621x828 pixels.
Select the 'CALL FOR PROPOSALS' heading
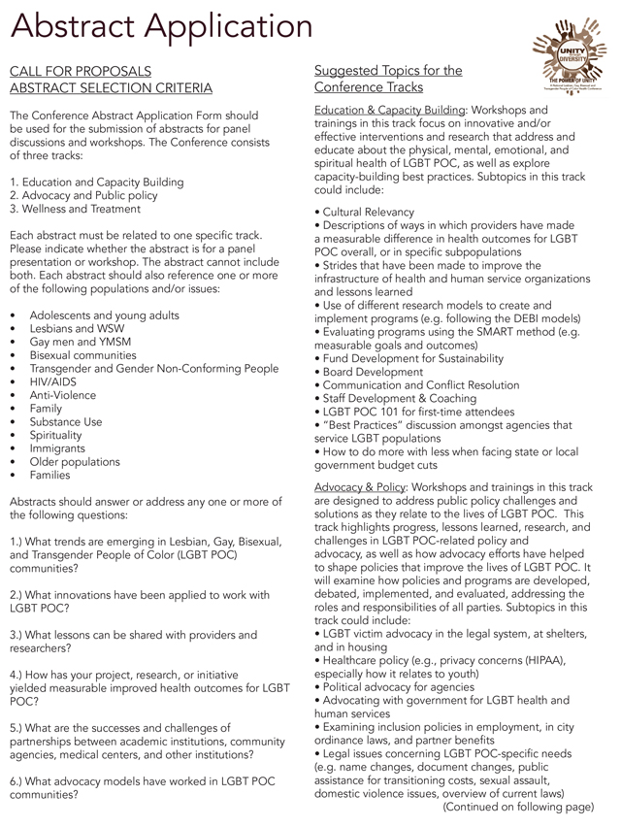pos(80,71)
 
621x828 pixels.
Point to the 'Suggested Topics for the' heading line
pos(388,71)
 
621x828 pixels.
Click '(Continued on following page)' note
pos(518,806)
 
